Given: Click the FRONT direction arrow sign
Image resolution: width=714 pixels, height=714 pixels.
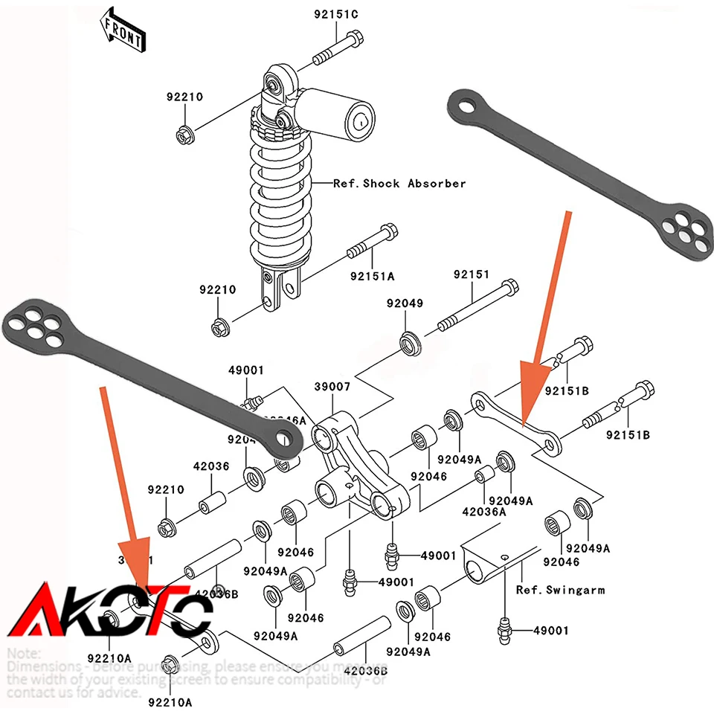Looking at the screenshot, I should [x=123, y=28].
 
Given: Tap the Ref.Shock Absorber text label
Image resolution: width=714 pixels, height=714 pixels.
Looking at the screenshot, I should [x=399, y=183].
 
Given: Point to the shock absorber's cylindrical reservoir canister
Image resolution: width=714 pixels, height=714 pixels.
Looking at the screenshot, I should [x=339, y=112].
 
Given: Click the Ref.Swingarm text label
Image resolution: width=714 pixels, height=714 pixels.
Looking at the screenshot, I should [x=560, y=590].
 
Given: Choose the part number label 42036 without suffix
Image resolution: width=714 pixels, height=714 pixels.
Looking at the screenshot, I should [x=211, y=466].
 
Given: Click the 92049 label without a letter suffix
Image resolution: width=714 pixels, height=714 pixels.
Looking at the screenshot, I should [x=404, y=303].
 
